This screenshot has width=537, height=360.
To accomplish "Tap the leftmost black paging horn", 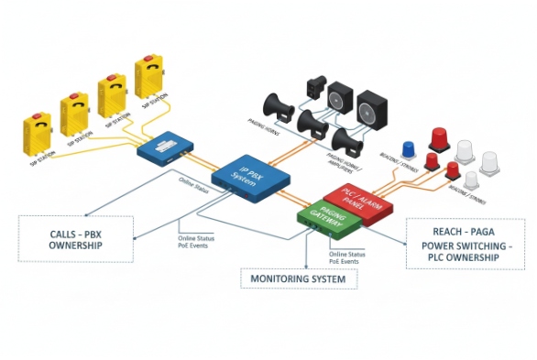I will [279, 108].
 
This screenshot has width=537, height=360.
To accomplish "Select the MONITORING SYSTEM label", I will [299, 278].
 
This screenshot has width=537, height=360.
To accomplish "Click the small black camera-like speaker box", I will [315, 88].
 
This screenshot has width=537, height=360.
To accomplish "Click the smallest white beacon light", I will [471, 180].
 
